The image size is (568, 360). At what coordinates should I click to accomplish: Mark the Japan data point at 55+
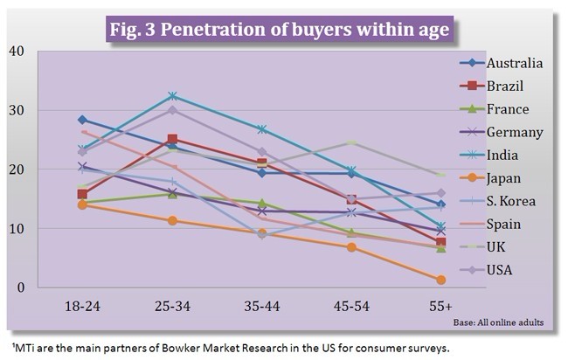click(x=441, y=280)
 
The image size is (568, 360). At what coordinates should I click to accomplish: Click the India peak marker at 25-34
click(x=173, y=95)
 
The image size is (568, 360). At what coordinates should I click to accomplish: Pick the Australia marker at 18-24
click(x=82, y=120)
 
